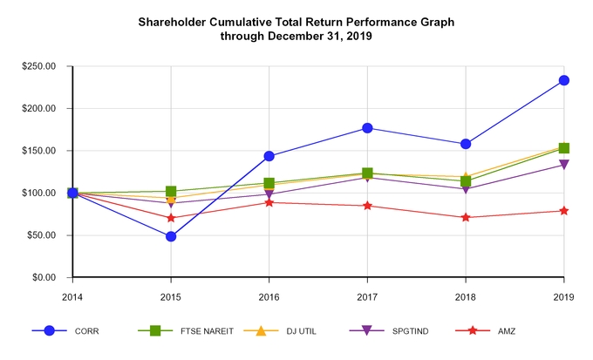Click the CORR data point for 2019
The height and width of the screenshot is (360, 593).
564,80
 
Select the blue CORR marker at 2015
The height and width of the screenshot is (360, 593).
171,236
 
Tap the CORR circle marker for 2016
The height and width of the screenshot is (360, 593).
269,156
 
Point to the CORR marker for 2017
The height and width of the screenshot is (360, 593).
367,128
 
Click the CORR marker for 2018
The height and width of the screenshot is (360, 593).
466,144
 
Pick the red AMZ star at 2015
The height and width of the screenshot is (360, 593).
171,218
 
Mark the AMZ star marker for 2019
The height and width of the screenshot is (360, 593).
564,211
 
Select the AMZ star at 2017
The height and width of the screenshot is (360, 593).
367,206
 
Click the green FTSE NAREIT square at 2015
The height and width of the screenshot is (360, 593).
171,191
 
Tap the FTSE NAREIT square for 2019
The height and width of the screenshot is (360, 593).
564,148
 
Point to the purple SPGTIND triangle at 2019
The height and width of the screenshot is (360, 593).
564,165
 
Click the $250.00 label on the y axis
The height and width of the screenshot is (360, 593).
39,66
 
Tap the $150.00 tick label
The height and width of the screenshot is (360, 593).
39,151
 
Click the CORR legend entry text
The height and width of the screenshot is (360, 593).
87,331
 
